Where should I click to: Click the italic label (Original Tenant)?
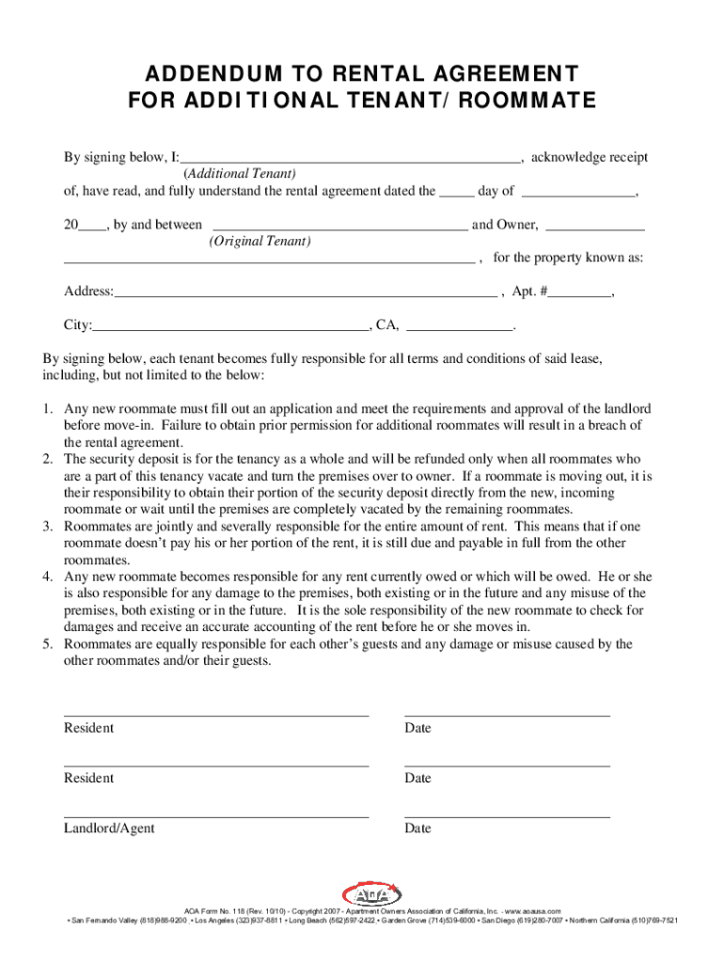(260, 242)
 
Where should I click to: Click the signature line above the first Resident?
(216, 715)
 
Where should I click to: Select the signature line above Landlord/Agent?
(216, 816)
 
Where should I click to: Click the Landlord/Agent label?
(109, 829)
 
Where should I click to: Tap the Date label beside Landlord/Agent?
(417, 829)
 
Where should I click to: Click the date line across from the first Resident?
(507, 715)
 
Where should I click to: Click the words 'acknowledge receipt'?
(589, 158)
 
